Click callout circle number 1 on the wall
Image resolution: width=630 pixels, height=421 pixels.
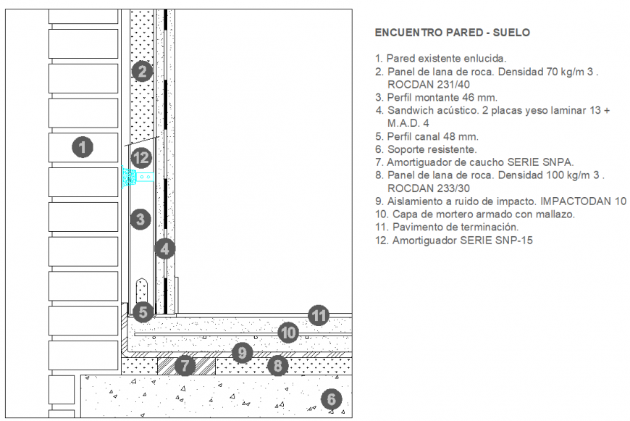[83, 148]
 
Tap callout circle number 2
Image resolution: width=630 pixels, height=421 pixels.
[142, 71]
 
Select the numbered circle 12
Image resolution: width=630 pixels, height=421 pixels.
[140, 157]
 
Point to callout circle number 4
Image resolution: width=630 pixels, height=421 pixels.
[165, 249]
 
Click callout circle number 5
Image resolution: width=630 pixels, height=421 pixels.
[143, 312]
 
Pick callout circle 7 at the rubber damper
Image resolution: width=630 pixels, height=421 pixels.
[185, 366]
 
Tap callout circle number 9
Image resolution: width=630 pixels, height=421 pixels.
[243, 353]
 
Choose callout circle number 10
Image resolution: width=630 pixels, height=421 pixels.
[288, 333]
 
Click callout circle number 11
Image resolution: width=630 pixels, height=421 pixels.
[319, 315]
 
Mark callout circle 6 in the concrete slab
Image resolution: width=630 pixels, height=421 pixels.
[330, 399]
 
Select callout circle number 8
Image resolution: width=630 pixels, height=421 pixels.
[277, 366]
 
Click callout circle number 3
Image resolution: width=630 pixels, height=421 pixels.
[141, 218]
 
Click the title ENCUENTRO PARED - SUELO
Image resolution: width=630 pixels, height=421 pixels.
[452, 33]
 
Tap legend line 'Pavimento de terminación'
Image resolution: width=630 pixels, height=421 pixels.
[446, 227]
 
